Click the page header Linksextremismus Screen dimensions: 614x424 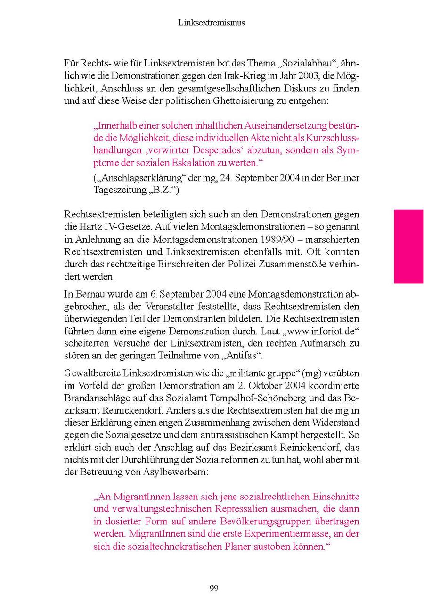pyautogui.click(x=212, y=22)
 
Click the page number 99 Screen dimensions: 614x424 pyautogui.click(x=213, y=588)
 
